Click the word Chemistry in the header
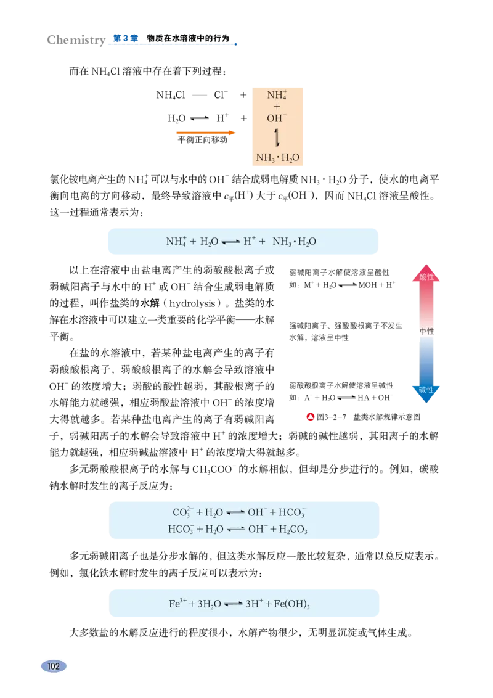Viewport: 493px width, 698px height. click(76, 39)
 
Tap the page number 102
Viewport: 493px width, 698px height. click(54, 666)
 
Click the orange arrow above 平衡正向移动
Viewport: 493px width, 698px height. click(206, 133)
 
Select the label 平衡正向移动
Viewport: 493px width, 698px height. click(203, 140)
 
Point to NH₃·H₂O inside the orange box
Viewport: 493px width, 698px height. click(277, 158)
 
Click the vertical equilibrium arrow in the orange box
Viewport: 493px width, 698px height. click(277, 138)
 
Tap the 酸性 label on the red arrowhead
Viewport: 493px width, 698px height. click(426, 277)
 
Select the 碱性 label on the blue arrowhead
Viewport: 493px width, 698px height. click(426, 390)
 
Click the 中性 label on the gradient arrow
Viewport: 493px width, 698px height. click(426, 331)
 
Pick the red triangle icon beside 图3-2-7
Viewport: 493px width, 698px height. click(311, 417)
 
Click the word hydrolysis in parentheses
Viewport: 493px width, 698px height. click(192, 303)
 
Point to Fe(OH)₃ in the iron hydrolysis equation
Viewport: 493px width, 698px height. click(291, 604)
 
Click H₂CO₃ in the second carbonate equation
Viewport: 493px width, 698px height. click(293, 529)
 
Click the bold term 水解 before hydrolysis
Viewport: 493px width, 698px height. click(150, 303)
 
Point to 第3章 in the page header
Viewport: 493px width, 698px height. click(126, 38)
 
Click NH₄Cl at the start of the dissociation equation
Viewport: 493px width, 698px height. click(171, 95)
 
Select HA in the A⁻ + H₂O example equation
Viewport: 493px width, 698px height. click(363, 398)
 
